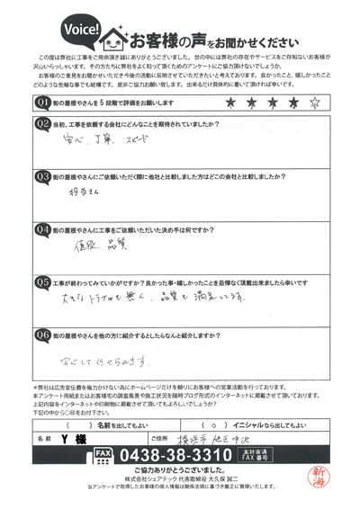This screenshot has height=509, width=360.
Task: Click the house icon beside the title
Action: click(114, 39)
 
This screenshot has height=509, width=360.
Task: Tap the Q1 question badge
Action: click(42, 104)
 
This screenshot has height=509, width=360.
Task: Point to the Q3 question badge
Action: click(42, 176)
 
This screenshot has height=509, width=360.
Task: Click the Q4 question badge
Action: click(42, 229)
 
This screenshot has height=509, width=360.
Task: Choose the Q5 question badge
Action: click(42, 281)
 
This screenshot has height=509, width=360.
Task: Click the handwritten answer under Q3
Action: click(82, 192)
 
